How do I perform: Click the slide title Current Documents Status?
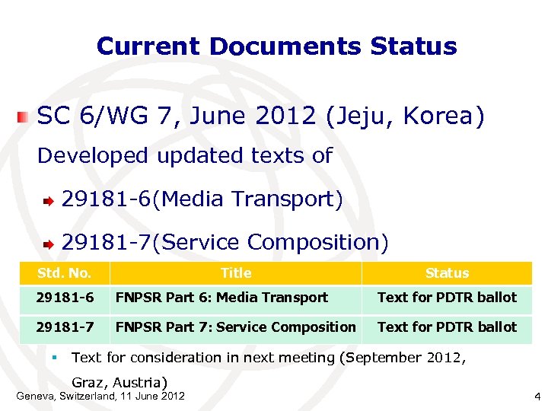pyautogui.click(x=276, y=46)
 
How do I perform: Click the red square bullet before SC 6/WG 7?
pyautogui.click(x=24, y=117)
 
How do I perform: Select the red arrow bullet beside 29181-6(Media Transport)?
pyautogui.click(x=48, y=202)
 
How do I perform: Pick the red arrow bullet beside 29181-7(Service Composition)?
pyautogui.click(x=48, y=244)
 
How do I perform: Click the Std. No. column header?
pyautogui.click(x=65, y=272)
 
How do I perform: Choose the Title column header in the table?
pyautogui.click(x=236, y=272)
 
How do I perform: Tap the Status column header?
pyautogui.click(x=447, y=272)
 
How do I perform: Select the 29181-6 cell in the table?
pyautogui.click(x=65, y=298)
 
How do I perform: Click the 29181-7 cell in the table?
pyautogui.click(x=65, y=327)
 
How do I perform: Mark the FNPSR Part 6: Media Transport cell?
pyautogui.click(x=221, y=298)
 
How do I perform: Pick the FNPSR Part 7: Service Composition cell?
pyautogui.click(x=235, y=327)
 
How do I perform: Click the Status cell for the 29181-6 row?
pyautogui.click(x=447, y=298)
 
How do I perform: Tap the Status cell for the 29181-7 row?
pyautogui.click(x=447, y=327)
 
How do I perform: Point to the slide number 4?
pyautogui.click(x=537, y=397)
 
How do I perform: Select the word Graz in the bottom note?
pyautogui.click(x=90, y=381)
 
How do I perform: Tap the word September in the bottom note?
pyautogui.click(x=386, y=357)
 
